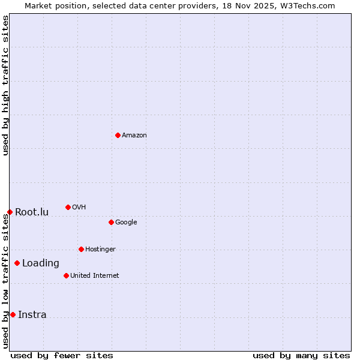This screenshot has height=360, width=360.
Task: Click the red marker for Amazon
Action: (x=118, y=135)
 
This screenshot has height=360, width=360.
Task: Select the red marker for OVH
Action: (x=68, y=207)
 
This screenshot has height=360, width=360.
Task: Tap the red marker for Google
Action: (x=111, y=222)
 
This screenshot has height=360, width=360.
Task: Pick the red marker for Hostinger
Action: (x=81, y=249)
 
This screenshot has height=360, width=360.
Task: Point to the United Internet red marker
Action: (x=66, y=275)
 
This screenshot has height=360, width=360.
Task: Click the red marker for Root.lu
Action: (x=10, y=212)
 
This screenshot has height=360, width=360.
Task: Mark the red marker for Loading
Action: (x=17, y=263)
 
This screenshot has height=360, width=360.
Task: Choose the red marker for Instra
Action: (x=13, y=314)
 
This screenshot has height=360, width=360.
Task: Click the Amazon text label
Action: (x=134, y=136)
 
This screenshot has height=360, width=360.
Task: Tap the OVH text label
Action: (x=79, y=208)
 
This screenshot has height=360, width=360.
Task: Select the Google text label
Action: (x=126, y=223)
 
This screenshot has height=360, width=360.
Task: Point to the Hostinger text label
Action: (x=100, y=250)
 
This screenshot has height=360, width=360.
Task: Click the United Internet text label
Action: (x=95, y=276)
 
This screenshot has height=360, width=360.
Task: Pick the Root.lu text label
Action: (x=32, y=212)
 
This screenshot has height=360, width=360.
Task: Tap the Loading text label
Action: (x=41, y=263)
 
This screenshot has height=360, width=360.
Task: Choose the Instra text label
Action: (x=32, y=315)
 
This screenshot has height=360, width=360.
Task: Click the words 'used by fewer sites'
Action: (x=62, y=355)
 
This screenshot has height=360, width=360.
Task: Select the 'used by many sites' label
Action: (x=301, y=355)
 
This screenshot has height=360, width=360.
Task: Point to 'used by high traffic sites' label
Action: (x=5, y=85)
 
